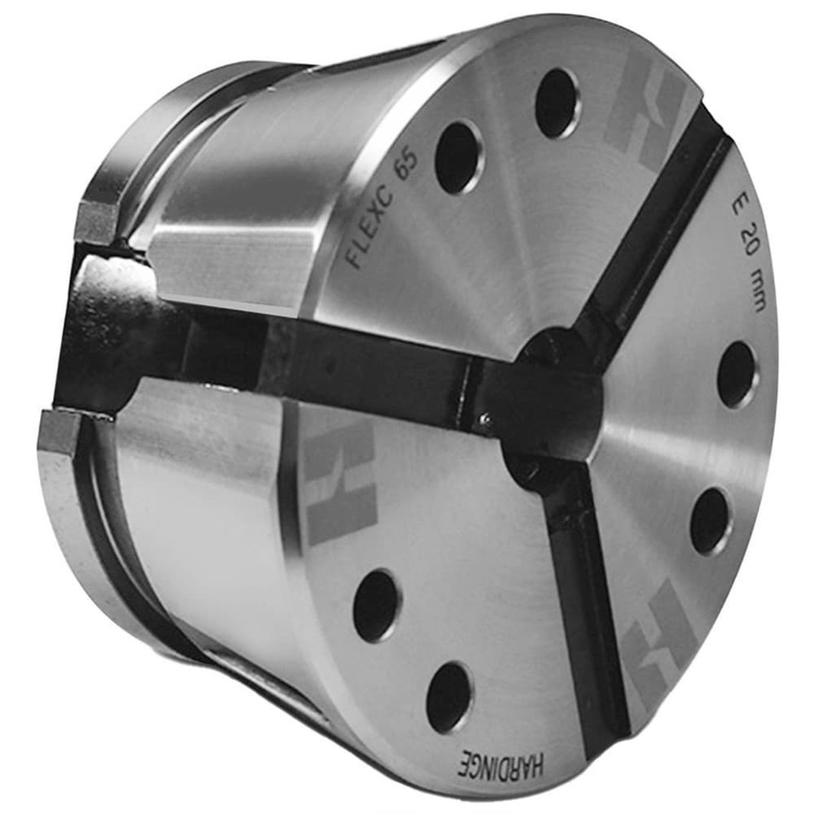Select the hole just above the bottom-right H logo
pos(710,521)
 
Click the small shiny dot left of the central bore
pos(485,418)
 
